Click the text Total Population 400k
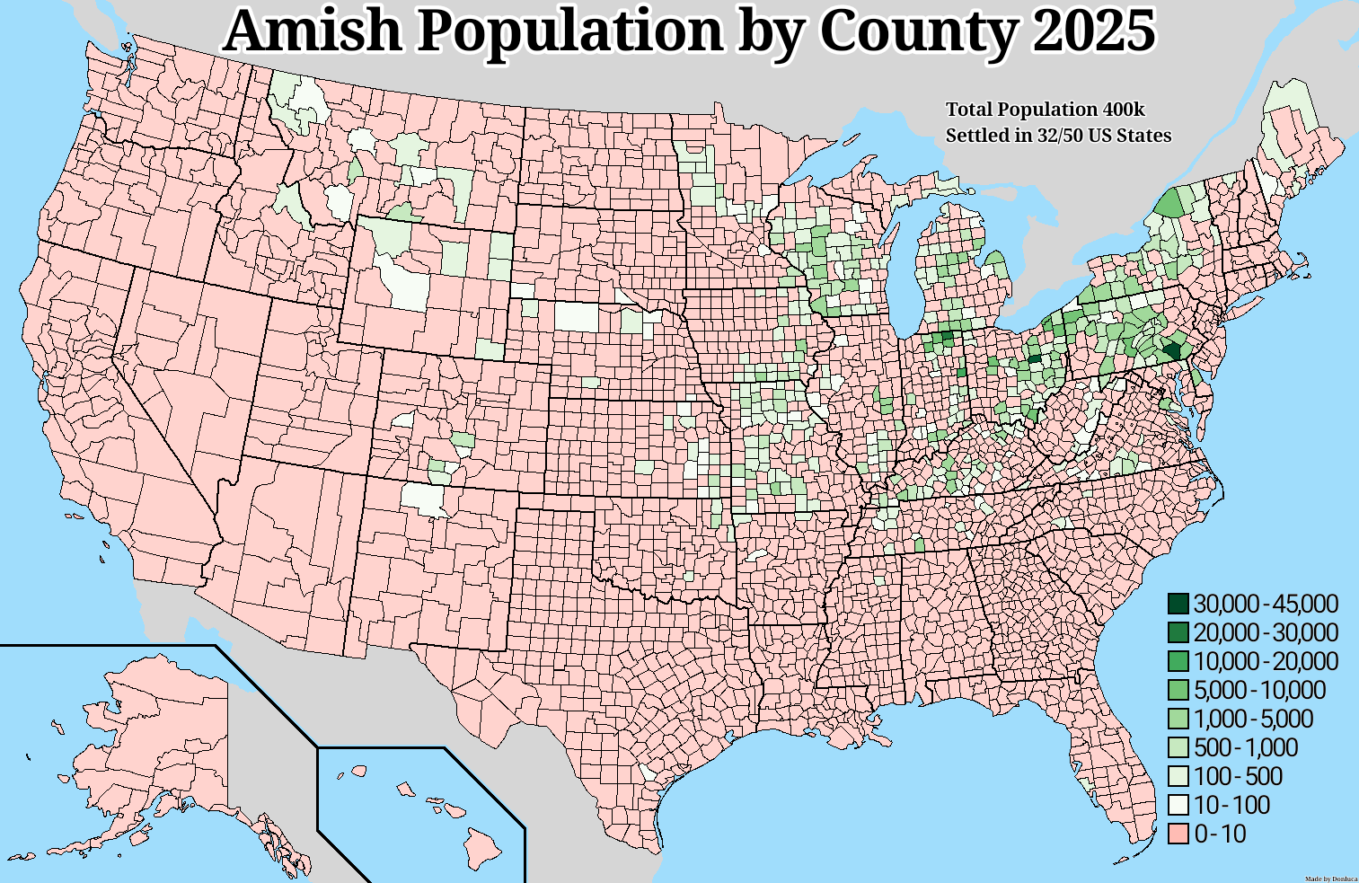[x=1045, y=110]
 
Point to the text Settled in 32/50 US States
[x=1058, y=136]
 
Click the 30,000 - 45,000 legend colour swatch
[x=1178, y=605]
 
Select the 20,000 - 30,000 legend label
[x=1266, y=633]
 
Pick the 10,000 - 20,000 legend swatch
[x=1178, y=662]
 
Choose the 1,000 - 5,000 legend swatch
[x=1178, y=720]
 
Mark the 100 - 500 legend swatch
[x=1178, y=777]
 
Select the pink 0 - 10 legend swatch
[x=1178, y=834]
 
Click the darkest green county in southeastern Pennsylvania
[x=1171, y=351]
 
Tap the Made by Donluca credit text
[x=1330, y=878]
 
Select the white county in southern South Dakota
[x=575, y=316]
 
